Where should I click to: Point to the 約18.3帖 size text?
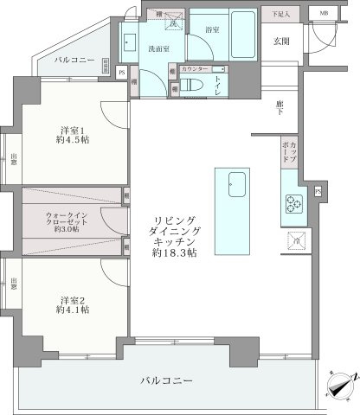(174, 253)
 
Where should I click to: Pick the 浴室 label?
(211, 29)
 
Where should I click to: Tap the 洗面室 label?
(159, 48)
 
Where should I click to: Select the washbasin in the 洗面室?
(131, 41)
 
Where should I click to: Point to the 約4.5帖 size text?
(69, 144)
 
